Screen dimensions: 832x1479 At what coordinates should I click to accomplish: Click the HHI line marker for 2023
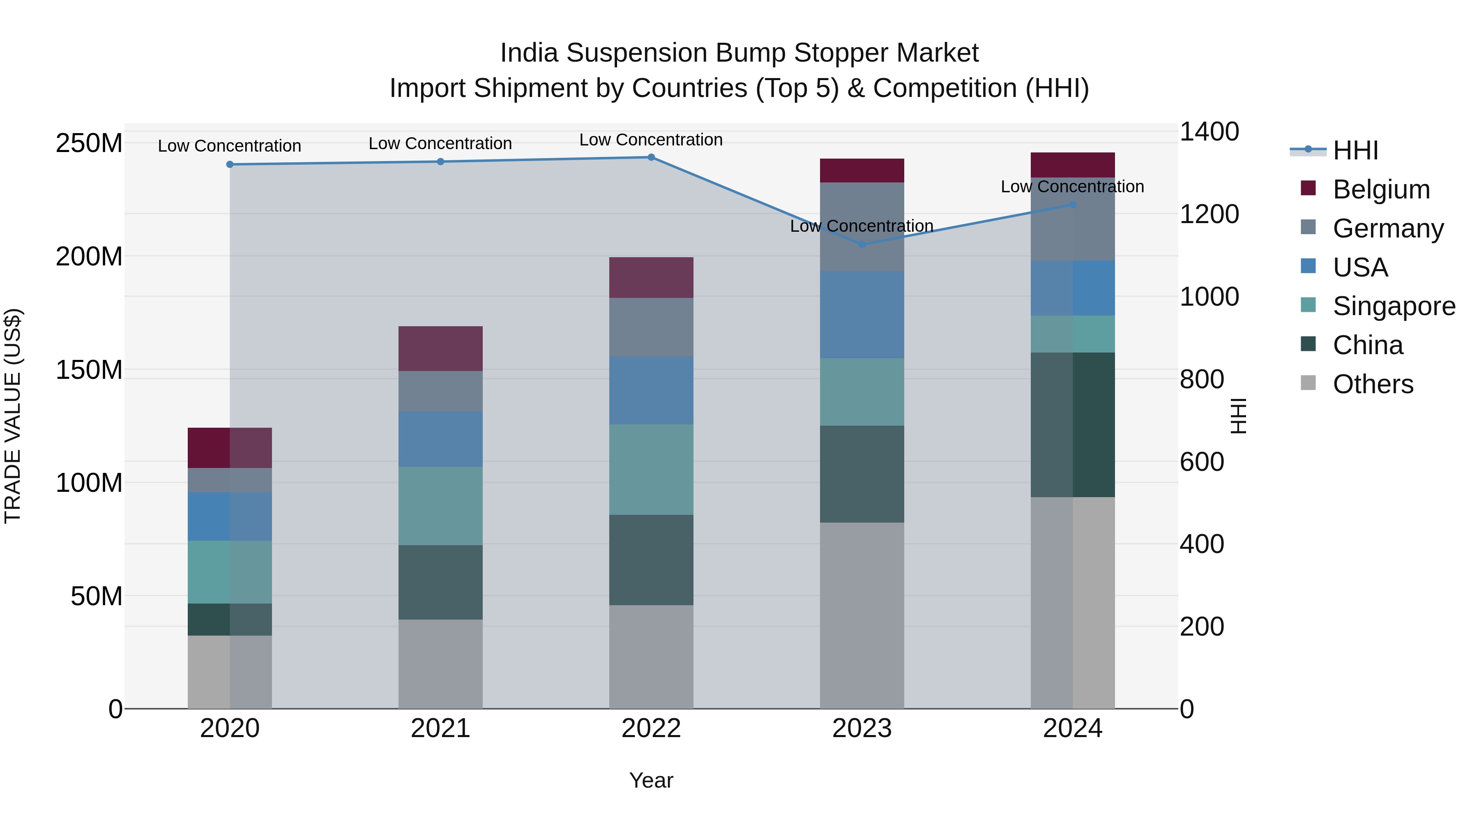pos(862,244)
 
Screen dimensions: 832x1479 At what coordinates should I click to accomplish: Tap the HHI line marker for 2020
pos(230,165)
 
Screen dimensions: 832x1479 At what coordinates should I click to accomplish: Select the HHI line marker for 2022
pos(651,157)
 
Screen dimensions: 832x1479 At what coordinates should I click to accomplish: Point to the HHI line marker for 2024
pos(1073,205)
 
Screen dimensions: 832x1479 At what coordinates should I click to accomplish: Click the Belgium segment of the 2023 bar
pos(862,171)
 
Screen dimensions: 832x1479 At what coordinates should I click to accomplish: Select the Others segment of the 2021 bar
pos(440,664)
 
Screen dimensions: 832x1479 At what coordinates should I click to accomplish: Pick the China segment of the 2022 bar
pos(651,560)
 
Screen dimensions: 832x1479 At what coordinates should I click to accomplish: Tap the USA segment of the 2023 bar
pos(862,315)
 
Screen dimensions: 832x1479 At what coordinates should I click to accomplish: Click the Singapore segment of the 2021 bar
pos(440,506)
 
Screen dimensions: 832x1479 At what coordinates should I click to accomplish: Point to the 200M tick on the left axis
pos(89,256)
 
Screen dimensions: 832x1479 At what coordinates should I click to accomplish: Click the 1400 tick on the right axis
pos(1209,131)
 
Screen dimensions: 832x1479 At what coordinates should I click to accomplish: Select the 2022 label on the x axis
pos(651,728)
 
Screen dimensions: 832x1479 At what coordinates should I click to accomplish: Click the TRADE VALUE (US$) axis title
pos(13,416)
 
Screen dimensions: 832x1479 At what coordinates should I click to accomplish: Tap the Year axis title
pos(651,780)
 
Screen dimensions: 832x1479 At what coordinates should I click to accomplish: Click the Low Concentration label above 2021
pos(440,143)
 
